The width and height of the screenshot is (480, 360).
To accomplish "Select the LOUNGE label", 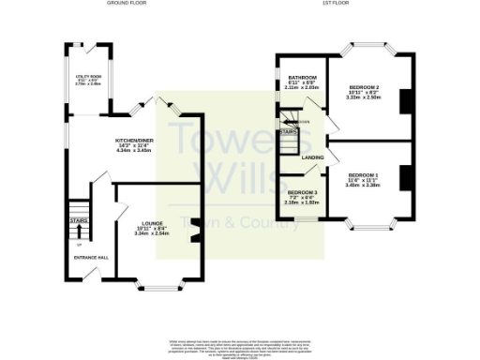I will pyautogui.click(x=152, y=223).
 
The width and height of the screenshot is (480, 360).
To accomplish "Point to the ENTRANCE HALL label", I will pyautogui.click(x=90, y=256).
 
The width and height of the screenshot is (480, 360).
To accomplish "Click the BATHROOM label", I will pyautogui.click(x=301, y=78).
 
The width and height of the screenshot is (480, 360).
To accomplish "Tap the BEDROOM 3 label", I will pyautogui.click(x=303, y=192).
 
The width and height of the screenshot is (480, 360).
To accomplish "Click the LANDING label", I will pyautogui.click(x=313, y=157).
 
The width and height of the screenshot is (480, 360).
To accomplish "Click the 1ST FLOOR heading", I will pyautogui.click(x=336, y=4).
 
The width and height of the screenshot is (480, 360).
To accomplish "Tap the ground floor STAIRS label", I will pyautogui.click(x=78, y=221).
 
